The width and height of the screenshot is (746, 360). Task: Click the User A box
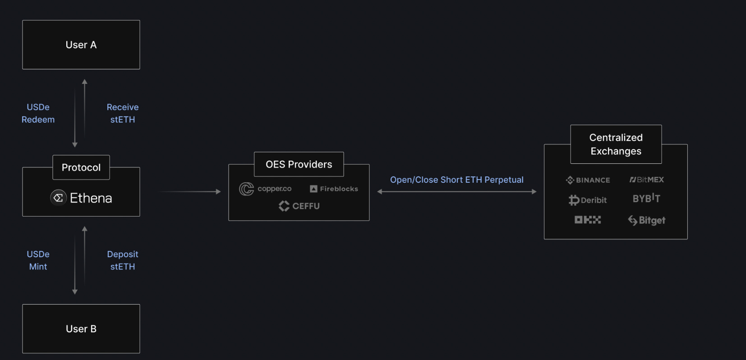[81, 45]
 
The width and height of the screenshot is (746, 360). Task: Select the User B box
[81, 329]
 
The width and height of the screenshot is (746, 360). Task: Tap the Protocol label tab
[81, 167]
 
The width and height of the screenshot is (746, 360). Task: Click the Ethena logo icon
[58, 198]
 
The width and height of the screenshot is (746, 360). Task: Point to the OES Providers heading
[299, 164]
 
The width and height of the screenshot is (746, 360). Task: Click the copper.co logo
[265, 189]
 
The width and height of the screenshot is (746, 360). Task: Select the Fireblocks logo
[334, 189]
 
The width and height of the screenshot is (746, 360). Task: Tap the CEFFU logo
[299, 206]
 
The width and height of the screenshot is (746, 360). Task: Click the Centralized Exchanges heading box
[616, 144]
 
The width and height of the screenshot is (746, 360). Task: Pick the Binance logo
[588, 180]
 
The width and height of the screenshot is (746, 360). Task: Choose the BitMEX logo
[646, 180]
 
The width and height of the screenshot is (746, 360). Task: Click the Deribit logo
[588, 200]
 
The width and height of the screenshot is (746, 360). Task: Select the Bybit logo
[646, 198]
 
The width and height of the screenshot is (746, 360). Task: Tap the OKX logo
[588, 220]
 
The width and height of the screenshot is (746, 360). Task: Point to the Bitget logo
[646, 220]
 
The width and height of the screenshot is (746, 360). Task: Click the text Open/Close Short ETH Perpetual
[456, 180]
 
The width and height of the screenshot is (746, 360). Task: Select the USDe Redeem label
[38, 113]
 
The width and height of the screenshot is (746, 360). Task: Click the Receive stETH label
[123, 113]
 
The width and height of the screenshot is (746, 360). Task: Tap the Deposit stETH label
[123, 260]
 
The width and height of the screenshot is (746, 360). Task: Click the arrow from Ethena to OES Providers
[189, 192]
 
